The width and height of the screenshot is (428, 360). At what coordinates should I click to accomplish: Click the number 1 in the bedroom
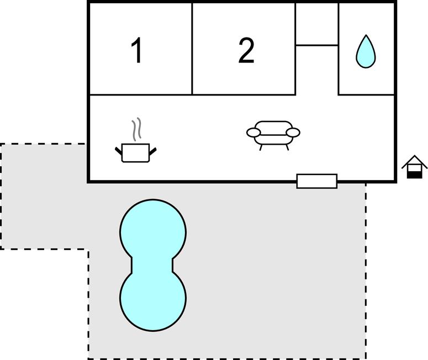coord(136,50)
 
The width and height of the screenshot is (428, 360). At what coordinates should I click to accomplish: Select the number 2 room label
coord(246,50)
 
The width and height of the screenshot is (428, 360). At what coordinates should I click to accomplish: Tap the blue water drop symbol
coord(366,52)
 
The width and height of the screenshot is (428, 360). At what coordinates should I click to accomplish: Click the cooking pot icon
coord(136,153)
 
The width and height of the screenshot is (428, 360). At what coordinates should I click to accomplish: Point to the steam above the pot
coord(136,129)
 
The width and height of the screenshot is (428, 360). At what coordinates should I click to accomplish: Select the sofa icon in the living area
coord(273,135)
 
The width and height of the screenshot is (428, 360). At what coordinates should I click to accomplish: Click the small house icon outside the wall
coord(414,167)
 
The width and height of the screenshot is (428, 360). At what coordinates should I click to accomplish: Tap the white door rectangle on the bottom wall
coord(317,181)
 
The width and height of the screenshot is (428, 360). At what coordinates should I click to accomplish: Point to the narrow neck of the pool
coord(152,264)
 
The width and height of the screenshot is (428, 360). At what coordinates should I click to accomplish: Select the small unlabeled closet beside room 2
coord(317,24)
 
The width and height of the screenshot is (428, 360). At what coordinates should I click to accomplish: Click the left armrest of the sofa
coord(253,133)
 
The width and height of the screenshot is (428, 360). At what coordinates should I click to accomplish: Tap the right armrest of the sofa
coord(293,133)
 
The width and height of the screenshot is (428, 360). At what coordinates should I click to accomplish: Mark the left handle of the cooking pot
coord(119,151)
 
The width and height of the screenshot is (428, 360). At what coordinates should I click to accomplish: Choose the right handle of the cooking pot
coord(153,151)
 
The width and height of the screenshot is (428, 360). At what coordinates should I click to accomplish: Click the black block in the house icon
coord(414,174)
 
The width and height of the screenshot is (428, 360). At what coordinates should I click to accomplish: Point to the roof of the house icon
coord(414,161)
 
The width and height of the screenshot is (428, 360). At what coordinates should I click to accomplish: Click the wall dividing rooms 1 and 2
coord(192,49)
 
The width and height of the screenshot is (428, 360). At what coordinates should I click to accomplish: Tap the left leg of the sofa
coord(261,147)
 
